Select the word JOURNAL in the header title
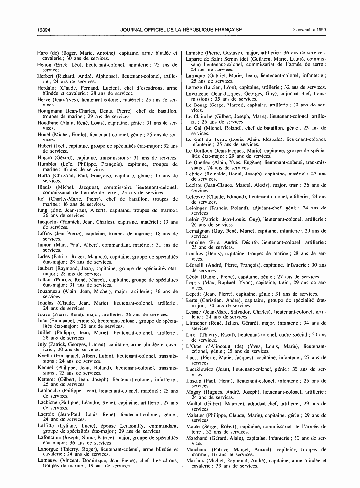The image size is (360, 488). tap(131, 30)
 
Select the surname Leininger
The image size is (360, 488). tap(198, 208)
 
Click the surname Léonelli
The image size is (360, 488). tap(197, 265)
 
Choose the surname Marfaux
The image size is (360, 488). tap(196, 460)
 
